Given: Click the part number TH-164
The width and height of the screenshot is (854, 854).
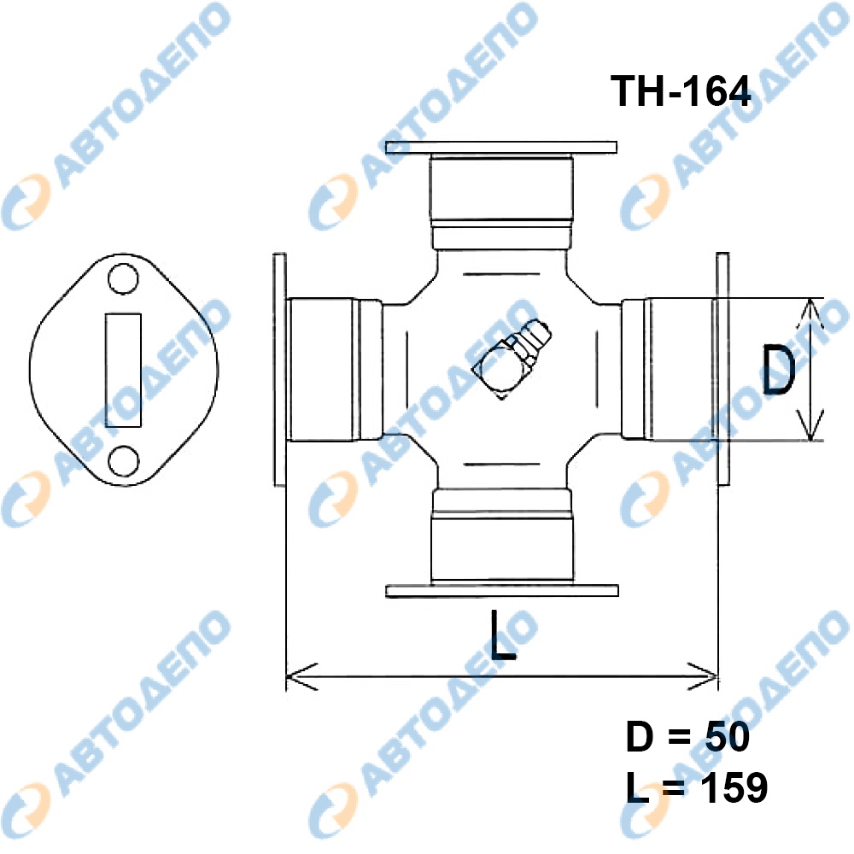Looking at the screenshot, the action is pyautogui.click(x=681, y=91).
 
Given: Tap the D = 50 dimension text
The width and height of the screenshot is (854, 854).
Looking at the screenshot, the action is pyautogui.click(x=687, y=737).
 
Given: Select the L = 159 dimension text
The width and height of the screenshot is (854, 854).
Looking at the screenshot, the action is pyautogui.click(x=697, y=787).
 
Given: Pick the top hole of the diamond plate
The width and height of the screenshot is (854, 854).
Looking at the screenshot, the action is pyautogui.click(x=122, y=279).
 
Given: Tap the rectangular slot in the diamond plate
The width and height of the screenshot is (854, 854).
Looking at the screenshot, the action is pyautogui.click(x=123, y=370).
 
